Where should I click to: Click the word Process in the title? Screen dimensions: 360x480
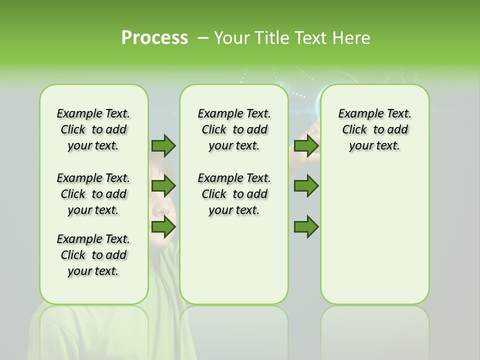pyautogui.click(x=154, y=38)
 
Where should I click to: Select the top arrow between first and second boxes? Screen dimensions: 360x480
pyautogui.click(x=163, y=145)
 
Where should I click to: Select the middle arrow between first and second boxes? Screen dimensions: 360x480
pyautogui.click(x=163, y=186)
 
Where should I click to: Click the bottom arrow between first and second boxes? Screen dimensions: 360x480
pyautogui.click(x=163, y=227)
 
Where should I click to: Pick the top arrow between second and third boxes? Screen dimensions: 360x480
pyautogui.click(x=306, y=145)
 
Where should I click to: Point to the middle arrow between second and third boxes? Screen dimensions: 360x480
pyautogui.click(x=306, y=186)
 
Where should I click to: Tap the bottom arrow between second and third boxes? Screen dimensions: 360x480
pyautogui.click(x=306, y=227)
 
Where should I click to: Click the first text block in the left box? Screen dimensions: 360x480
pyautogui.click(x=93, y=129)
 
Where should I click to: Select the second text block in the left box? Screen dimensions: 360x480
pyautogui.click(x=93, y=194)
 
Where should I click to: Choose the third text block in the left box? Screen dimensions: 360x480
pyautogui.click(x=93, y=255)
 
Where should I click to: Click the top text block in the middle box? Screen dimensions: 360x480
pyautogui.click(x=234, y=129)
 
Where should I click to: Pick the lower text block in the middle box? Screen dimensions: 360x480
pyautogui.click(x=234, y=194)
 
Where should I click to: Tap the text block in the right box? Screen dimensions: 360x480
pyautogui.click(x=374, y=129)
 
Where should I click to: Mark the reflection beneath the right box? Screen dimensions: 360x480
pyautogui.click(x=374, y=325)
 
